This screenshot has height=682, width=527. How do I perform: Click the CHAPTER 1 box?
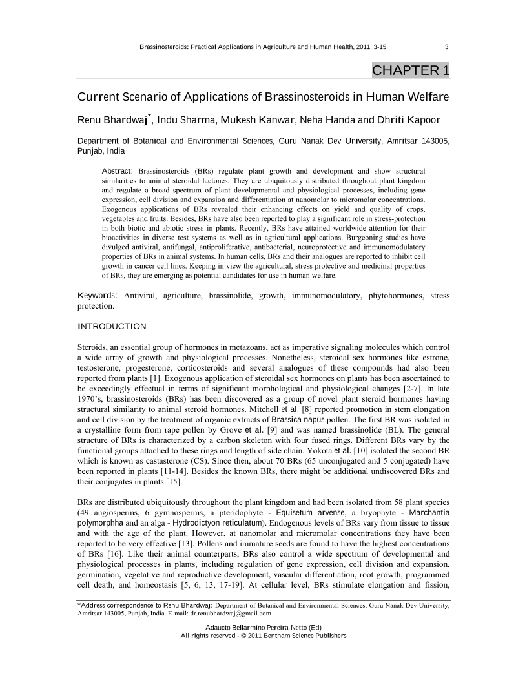click(x=411, y=70)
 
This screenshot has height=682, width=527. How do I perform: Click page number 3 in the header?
click(x=447, y=46)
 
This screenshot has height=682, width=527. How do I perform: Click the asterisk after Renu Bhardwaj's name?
click(x=150, y=116)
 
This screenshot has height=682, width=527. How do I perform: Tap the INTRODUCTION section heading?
click(x=112, y=326)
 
